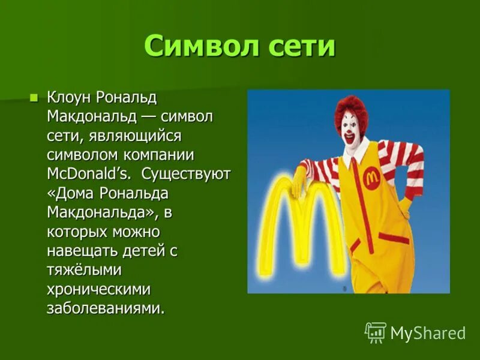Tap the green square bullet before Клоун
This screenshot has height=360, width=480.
(x=34, y=97)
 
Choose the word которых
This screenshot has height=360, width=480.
(x=77, y=231)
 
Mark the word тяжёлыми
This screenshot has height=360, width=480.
(x=85, y=269)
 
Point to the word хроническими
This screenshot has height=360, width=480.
(x=99, y=289)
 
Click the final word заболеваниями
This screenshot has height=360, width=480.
(x=105, y=308)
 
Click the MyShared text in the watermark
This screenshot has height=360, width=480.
(x=428, y=333)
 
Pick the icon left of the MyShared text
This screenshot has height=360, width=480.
(x=376, y=332)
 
